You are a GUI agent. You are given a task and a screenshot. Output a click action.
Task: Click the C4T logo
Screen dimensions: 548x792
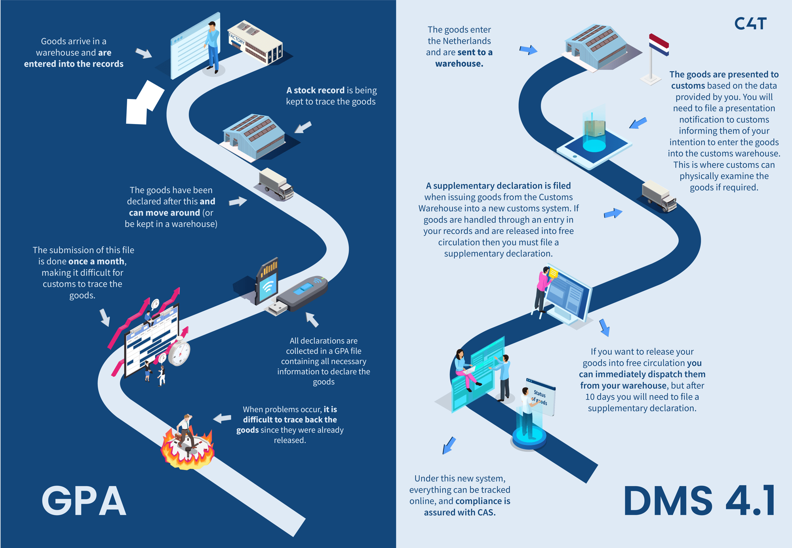750,24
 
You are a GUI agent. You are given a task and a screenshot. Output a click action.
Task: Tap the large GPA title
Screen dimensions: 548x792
84,501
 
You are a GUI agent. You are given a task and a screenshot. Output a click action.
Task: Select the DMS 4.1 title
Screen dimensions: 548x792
699,501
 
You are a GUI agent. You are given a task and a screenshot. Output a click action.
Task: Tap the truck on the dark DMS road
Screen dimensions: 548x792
659,196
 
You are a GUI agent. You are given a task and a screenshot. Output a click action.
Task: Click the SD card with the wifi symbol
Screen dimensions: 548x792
267,281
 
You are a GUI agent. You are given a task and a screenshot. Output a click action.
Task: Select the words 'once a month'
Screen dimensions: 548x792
97,262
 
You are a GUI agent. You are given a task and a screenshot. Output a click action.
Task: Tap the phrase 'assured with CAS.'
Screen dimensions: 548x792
460,512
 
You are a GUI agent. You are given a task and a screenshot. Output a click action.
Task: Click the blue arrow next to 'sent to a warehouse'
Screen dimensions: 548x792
528,50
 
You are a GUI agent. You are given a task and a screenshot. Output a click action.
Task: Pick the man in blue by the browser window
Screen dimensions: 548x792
213,48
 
